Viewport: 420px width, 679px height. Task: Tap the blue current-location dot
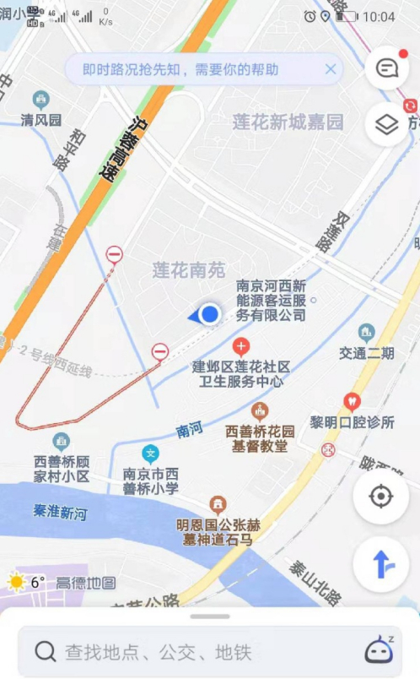click(210, 315)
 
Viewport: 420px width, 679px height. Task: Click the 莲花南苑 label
click(189, 270)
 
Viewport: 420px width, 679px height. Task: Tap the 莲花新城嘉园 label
click(288, 122)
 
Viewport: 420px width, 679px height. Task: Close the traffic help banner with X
click(331, 69)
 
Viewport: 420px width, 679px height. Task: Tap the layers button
click(386, 125)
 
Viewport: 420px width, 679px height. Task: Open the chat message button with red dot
click(387, 69)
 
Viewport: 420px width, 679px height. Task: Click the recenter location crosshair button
click(381, 496)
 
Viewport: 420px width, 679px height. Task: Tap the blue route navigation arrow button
click(381, 564)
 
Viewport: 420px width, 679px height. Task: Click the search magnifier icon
click(45, 651)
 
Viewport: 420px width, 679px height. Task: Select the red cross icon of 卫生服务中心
click(241, 346)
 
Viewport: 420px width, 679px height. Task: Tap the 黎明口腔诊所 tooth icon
click(353, 402)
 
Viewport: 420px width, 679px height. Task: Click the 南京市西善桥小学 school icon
click(150, 454)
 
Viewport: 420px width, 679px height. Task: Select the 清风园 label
click(41, 120)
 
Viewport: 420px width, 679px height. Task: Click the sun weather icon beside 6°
click(16, 581)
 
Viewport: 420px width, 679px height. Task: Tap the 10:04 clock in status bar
click(379, 16)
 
